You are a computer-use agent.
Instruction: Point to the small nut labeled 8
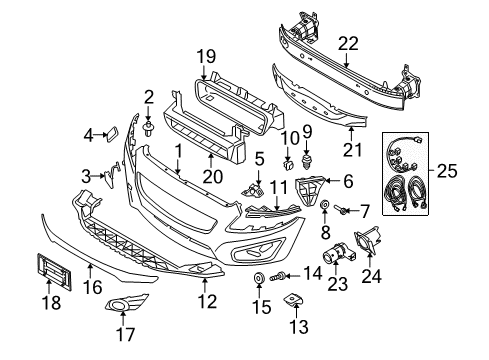pyautogui.click(x=327, y=206)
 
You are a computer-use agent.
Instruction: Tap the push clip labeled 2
pyautogui.click(x=149, y=130)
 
